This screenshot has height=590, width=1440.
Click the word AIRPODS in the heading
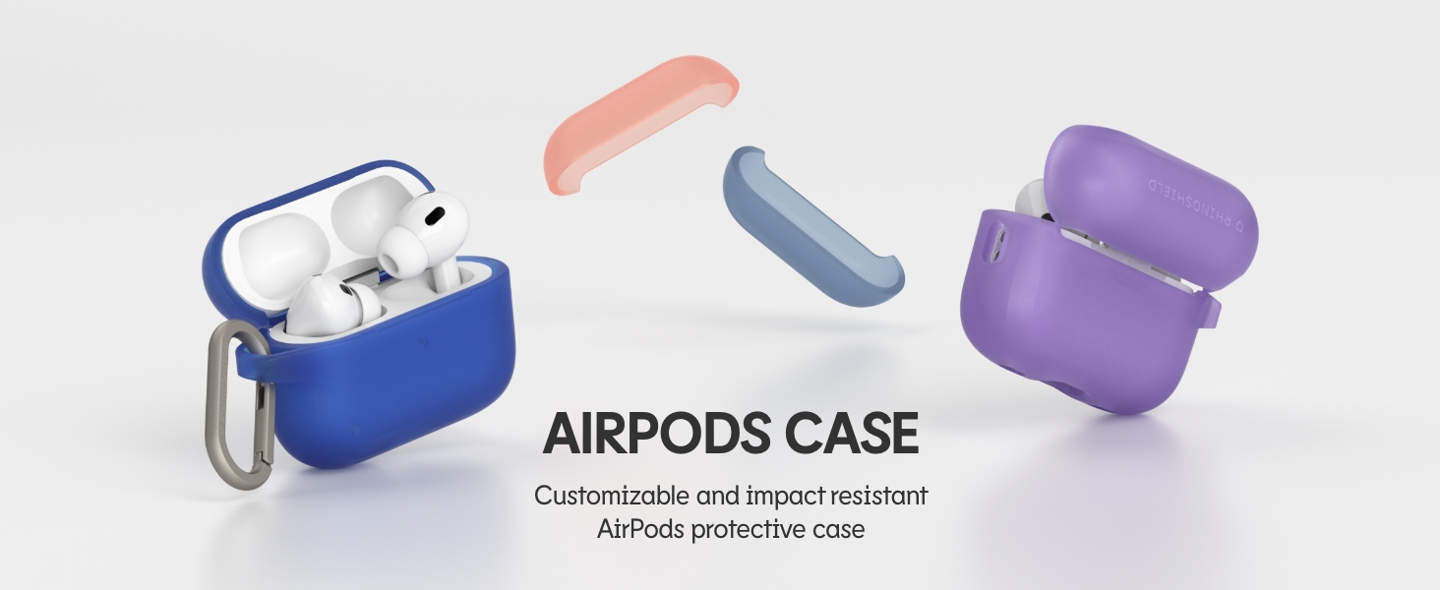(656, 434)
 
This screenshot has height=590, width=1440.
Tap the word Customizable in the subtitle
(612, 496)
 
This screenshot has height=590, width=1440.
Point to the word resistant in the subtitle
(878, 496)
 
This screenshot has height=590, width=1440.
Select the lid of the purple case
(1151, 206)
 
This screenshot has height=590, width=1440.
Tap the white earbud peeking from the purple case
(1032, 196)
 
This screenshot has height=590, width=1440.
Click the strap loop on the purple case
(1210, 309)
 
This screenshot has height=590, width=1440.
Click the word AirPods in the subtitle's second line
(640, 530)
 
